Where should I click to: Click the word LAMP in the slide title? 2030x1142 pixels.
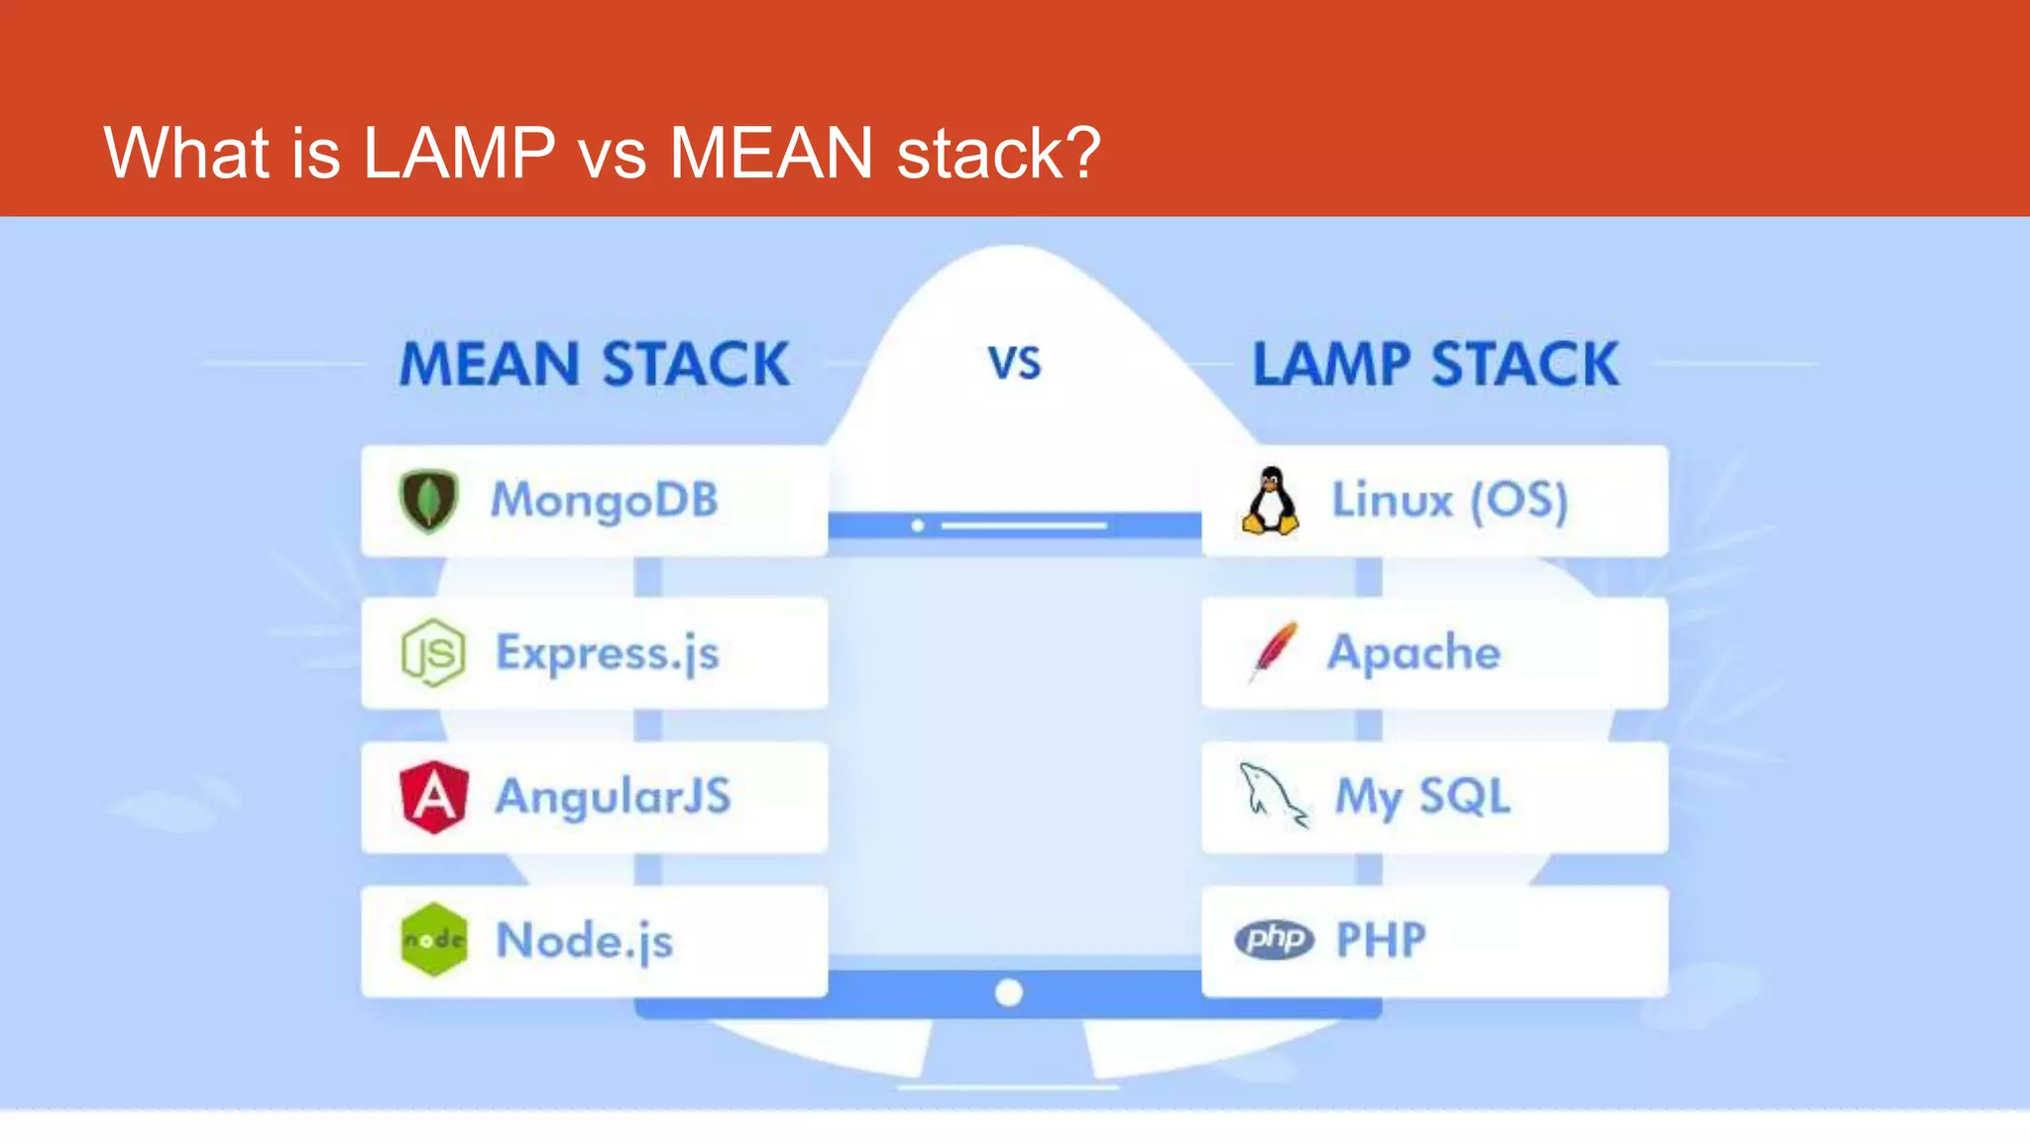pos(458,153)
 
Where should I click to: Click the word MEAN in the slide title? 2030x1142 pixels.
pos(770,153)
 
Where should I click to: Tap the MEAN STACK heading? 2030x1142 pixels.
pos(594,364)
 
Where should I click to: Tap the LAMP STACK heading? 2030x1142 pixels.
pos(1435,364)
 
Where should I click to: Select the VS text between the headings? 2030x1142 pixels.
pos(1014,364)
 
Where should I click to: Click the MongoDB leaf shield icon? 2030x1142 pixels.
pos(428,501)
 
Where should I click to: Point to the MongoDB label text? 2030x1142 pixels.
pos(605,500)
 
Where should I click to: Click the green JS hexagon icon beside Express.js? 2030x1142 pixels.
pos(433,652)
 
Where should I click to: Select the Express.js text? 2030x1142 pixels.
pos(607,653)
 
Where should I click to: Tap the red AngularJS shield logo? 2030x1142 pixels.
pos(433,797)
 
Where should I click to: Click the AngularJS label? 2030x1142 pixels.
pos(613,797)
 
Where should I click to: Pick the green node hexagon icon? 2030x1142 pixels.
pos(433,940)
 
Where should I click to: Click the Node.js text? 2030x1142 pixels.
pos(584,941)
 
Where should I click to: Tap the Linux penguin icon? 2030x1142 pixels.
pos(1271,501)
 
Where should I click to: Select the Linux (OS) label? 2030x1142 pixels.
pos(1449,500)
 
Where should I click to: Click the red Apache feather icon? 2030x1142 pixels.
pos(1274,651)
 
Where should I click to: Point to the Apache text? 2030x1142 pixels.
pos(1413,652)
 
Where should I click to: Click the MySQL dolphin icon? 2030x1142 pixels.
pos(1273,795)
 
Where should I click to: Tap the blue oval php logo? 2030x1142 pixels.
pos(1274,939)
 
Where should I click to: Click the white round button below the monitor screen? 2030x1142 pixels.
pos(1008,992)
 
